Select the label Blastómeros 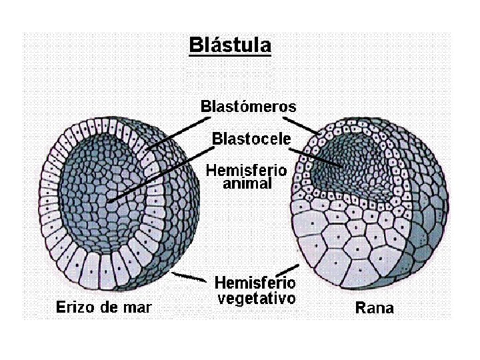pyautogui.click(x=249, y=106)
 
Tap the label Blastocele pyautogui.click(x=251, y=139)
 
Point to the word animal pyautogui.click(x=247, y=183)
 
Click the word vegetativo pyautogui.click(x=256, y=298)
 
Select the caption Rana pyautogui.click(x=374, y=308)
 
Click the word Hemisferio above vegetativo pyautogui.click(x=255, y=283)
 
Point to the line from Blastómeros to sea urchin pyautogui.click(x=175, y=128)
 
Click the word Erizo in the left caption pyautogui.click(x=71, y=307)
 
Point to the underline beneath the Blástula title pyautogui.click(x=230, y=55)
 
